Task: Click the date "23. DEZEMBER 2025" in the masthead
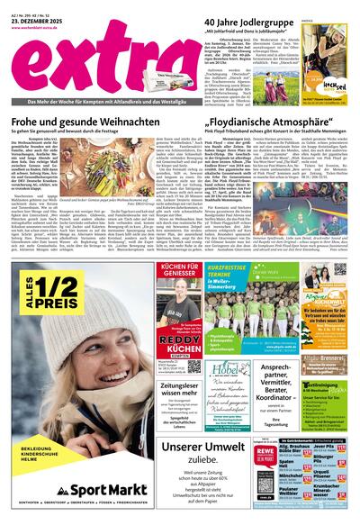pos(35,19)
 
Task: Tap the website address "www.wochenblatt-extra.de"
pos(42,28)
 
